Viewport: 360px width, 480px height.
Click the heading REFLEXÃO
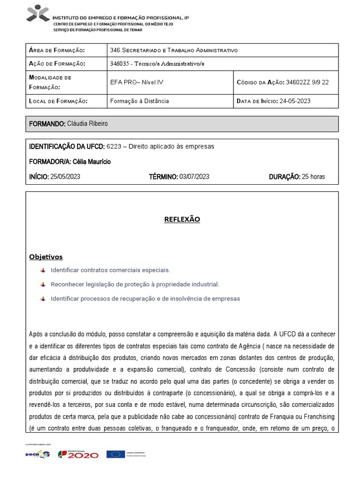[x=182, y=219]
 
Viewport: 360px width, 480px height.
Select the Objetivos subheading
[x=45, y=257]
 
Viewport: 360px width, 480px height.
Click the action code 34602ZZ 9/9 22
[x=307, y=82]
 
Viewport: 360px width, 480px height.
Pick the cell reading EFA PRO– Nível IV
[x=136, y=82]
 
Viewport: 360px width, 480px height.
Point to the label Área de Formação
[x=57, y=50]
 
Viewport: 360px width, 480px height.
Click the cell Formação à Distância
[x=139, y=101]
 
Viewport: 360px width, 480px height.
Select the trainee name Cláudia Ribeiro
[x=87, y=124]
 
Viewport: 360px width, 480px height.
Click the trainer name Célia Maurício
[x=92, y=162]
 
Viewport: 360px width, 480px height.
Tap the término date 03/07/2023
[x=194, y=177]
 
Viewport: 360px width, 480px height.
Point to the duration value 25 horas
[x=313, y=177]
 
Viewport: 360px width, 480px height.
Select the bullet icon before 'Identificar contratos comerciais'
[x=43, y=270]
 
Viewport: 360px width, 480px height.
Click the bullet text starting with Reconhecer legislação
[x=135, y=285]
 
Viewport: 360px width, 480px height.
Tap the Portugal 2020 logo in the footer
[x=78, y=454]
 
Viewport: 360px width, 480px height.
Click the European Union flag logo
[x=115, y=454]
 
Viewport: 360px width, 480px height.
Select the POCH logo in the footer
[x=37, y=454]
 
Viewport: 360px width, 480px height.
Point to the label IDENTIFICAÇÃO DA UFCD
[x=67, y=147]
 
